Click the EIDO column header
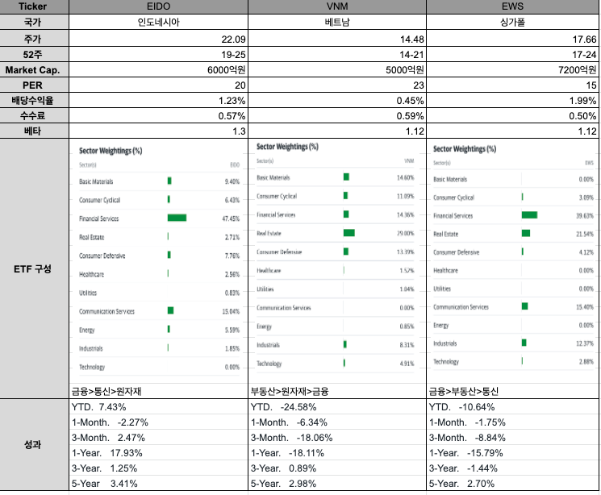158,7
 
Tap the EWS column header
512,7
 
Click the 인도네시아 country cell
158,23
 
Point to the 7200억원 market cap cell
577,69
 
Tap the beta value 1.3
238,131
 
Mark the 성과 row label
33,444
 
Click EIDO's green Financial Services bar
177,218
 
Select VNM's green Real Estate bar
348,233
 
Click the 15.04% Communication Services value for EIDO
231,311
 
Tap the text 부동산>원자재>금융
290,390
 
